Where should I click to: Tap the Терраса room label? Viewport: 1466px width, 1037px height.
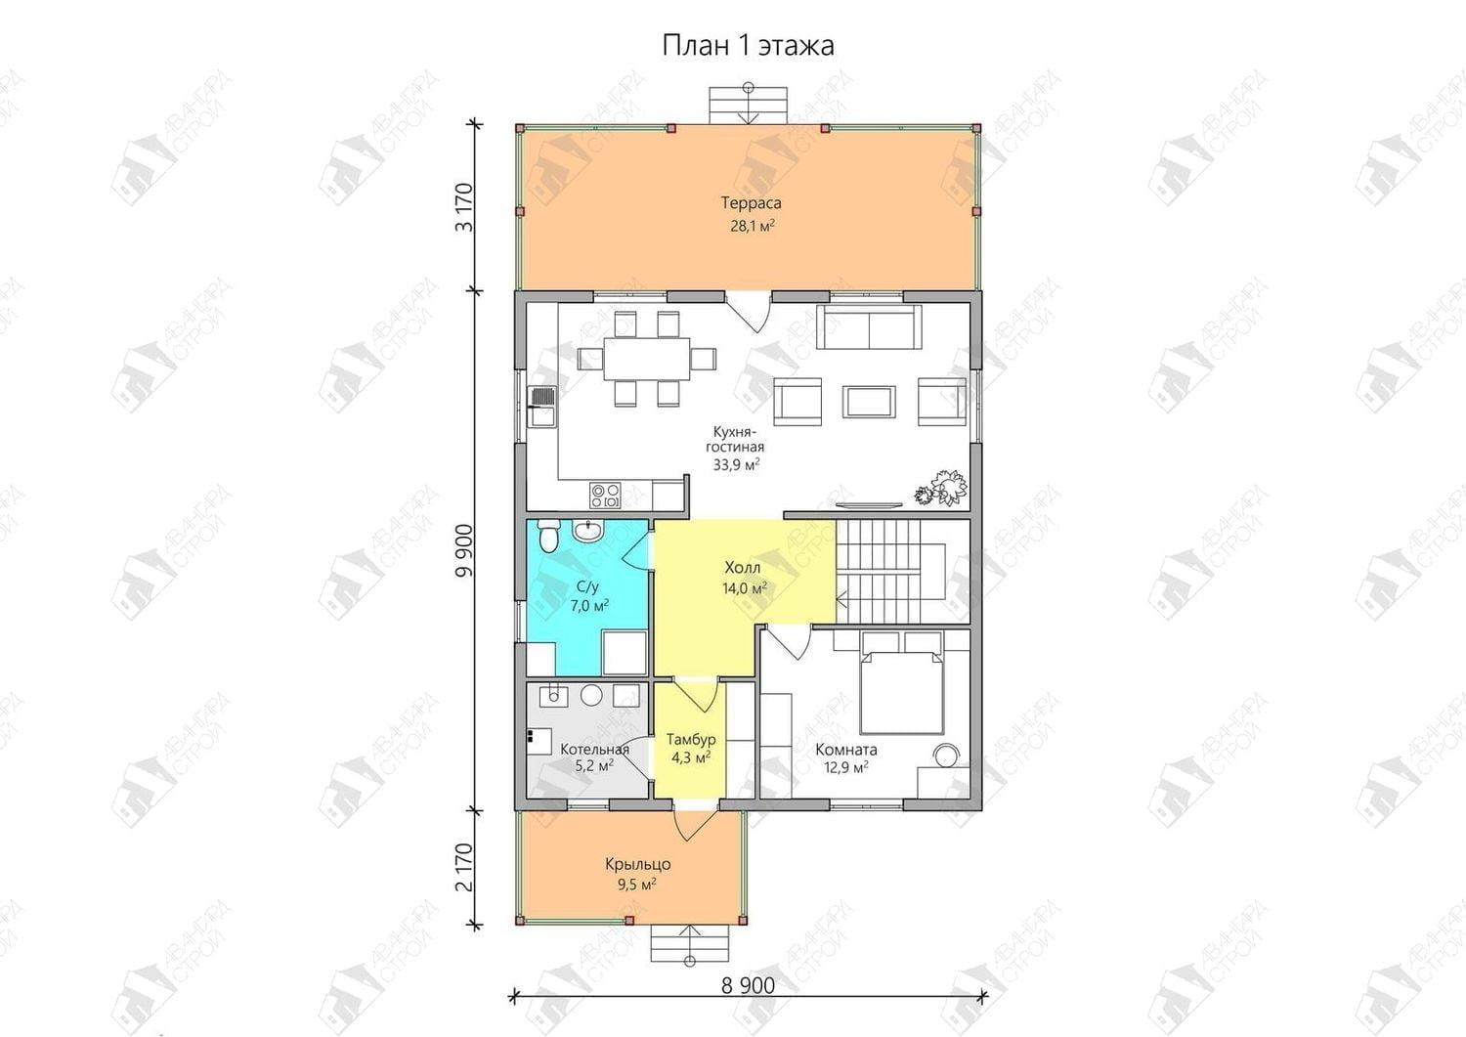click(752, 203)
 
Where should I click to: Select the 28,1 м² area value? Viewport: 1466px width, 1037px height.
click(753, 227)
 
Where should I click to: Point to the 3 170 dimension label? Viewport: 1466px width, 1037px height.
click(464, 207)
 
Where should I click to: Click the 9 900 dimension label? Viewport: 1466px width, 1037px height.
click(464, 550)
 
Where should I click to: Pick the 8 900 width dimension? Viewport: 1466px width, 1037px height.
click(748, 986)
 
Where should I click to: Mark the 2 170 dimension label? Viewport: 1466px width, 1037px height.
click(464, 868)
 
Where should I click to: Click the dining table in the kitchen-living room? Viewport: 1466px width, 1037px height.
click(647, 359)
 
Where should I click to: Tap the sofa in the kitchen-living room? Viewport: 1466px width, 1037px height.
click(869, 328)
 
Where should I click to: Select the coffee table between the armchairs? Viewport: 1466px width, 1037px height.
click(869, 402)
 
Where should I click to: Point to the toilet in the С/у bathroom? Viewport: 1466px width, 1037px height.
click(547, 537)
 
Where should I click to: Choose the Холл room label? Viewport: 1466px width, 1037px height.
click(742, 567)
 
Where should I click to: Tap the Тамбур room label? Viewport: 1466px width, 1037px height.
click(691, 740)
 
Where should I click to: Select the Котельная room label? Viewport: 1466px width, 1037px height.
click(595, 750)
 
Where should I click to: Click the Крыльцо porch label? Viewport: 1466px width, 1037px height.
click(638, 864)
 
